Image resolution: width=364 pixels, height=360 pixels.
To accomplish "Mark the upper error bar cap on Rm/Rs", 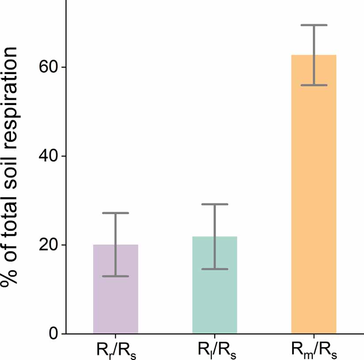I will coord(314,25).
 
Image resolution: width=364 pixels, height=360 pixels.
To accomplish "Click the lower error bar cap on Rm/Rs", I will coord(314,85).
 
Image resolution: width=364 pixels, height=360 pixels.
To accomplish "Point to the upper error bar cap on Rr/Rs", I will coord(116,213).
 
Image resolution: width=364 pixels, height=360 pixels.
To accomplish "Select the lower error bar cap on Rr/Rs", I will coord(116,276).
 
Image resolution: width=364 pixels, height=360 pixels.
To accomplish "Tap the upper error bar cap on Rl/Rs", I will coord(215,204).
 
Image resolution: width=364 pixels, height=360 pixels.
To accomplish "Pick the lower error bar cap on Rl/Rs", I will coord(215,269).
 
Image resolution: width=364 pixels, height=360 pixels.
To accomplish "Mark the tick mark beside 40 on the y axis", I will coord(63,156).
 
